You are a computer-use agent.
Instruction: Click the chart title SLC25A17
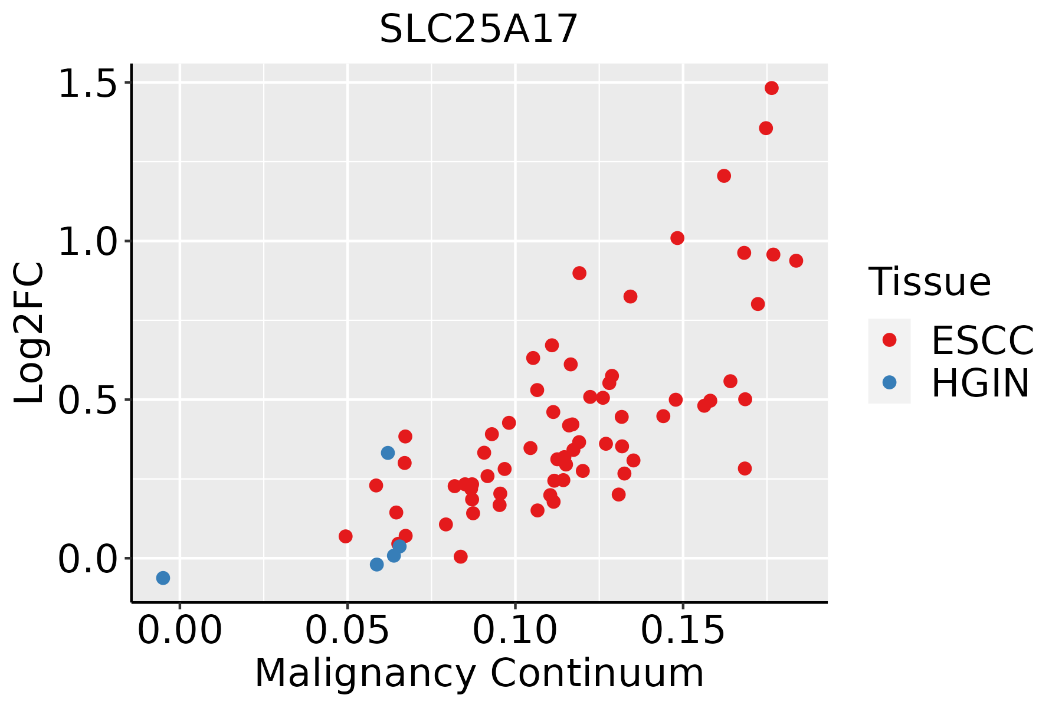[x=478, y=29]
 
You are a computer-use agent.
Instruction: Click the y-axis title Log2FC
[x=29, y=333]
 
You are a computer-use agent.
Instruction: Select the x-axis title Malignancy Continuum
[x=479, y=673]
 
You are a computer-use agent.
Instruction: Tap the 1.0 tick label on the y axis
[x=87, y=242]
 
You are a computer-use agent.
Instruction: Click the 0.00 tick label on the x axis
[x=180, y=630]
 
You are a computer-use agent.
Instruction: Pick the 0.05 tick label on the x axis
[x=348, y=630]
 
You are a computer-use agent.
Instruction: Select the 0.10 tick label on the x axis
[x=515, y=630]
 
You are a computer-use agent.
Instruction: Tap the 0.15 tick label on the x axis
[x=683, y=630]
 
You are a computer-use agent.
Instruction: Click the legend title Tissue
[x=930, y=281]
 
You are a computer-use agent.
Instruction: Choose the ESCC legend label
[x=982, y=340]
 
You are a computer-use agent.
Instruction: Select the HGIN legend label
[x=981, y=383]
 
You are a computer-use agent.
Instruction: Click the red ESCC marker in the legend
[x=889, y=340]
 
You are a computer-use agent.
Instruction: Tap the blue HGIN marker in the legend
[x=889, y=382]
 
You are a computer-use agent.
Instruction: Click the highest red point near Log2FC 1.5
[x=771, y=88]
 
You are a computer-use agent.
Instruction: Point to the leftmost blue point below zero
[x=163, y=578]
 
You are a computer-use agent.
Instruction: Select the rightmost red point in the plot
[x=796, y=261]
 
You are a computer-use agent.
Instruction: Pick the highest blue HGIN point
[x=388, y=453]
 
